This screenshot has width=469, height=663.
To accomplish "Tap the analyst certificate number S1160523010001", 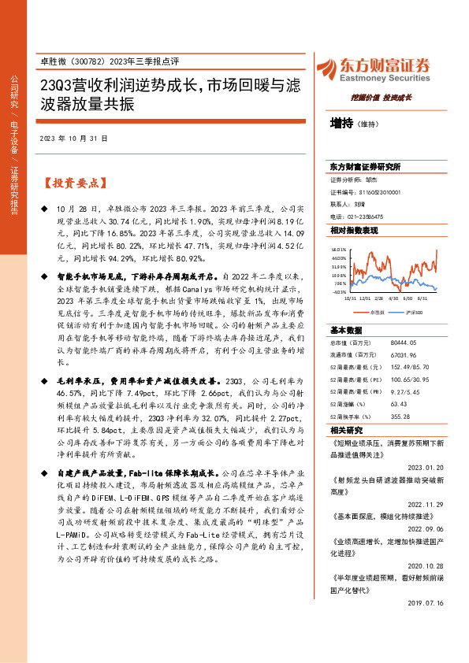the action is tap(376, 191).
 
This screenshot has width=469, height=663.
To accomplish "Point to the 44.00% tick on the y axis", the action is tap(339, 257).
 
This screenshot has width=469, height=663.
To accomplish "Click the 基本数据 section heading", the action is tap(346, 331).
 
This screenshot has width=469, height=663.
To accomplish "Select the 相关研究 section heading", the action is tap(346, 430).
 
